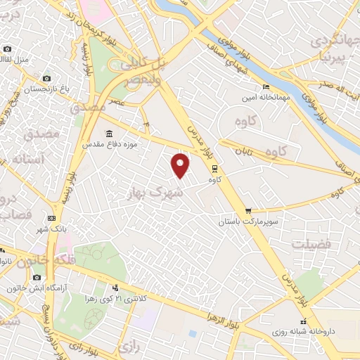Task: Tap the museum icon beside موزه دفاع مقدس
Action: [108, 134]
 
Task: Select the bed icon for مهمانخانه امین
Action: [266, 87]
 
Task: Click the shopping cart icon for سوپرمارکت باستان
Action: [248, 211]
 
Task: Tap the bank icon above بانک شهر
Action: [51, 219]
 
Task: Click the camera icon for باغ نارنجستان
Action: [46, 79]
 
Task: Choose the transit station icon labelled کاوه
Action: [214, 169]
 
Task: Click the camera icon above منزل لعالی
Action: [7, 49]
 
